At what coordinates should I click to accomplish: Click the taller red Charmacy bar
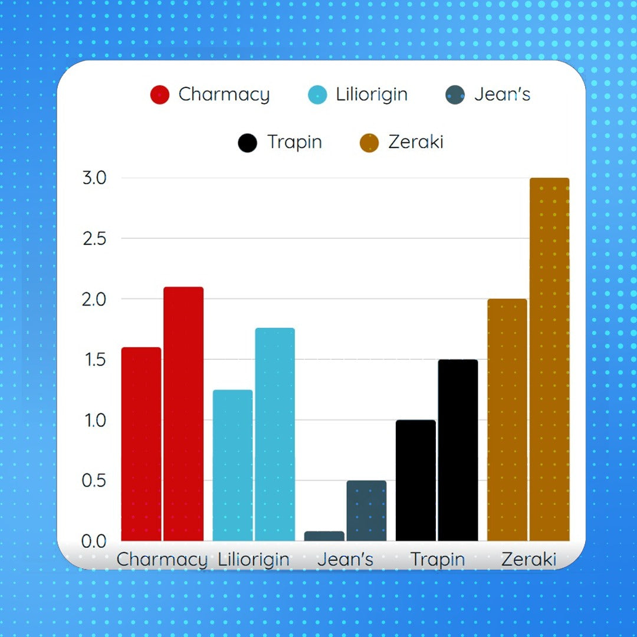[x=183, y=413]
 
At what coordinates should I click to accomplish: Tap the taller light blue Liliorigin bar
[x=275, y=434]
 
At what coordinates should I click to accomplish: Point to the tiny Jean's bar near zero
[x=324, y=536]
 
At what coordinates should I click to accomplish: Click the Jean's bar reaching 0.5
[x=366, y=510]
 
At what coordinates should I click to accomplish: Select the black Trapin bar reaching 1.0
[x=416, y=480]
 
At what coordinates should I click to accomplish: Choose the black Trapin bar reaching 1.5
[x=458, y=449]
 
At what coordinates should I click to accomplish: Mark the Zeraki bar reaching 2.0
[x=507, y=419]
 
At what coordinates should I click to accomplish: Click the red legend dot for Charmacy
[x=160, y=95]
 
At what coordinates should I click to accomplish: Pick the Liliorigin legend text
[x=372, y=94]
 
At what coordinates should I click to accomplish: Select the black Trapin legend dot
[x=248, y=143]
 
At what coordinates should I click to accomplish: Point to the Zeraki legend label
[x=416, y=142]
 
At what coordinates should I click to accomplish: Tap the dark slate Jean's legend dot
[x=455, y=95]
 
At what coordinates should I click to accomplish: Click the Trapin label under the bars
[x=438, y=559]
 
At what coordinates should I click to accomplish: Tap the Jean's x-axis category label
[x=346, y=559]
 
